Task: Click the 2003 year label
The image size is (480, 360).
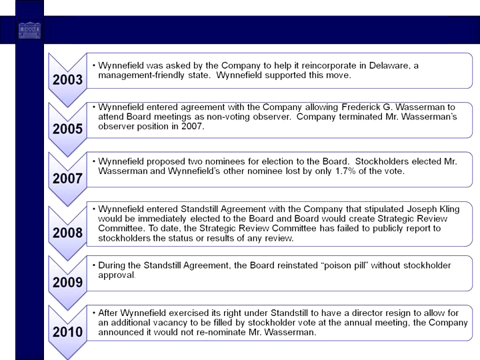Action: pos(68,80)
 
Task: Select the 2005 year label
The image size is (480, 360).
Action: pos(68,129)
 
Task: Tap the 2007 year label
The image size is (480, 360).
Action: pos(68,179)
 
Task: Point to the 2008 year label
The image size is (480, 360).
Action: pos(68,233)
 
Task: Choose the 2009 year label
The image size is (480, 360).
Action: pos(68,283)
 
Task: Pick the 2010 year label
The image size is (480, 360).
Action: pos(68,332)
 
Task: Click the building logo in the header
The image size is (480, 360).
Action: pos(29,30)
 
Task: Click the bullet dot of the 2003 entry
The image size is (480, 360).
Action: pos(94,65)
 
